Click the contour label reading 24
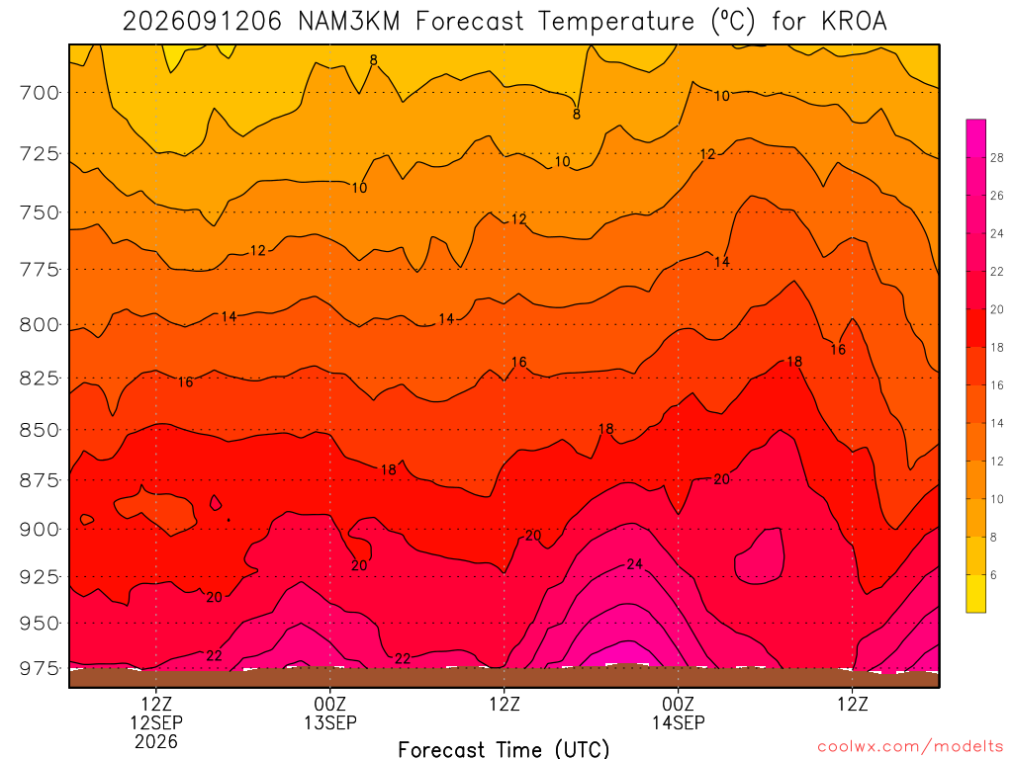tap(634, 564)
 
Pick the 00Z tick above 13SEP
tap(330, 703)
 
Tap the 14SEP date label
tap(679, 722)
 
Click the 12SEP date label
tap(156, 722)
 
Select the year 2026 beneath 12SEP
tap(156, 741)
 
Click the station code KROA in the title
tap(854, 22)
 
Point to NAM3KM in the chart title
tap(349, 22)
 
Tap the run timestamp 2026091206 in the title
tap(202, 22)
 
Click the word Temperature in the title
tap(616, 22)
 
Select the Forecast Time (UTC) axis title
tap(504, 749)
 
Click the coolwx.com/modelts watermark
tap(910, 746)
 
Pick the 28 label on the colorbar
tap(996, 157)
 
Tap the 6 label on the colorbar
tap(993, 575)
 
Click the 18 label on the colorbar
tap(996, 347)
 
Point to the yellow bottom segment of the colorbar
tap(976, 593)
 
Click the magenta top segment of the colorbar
tap(976, 138)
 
